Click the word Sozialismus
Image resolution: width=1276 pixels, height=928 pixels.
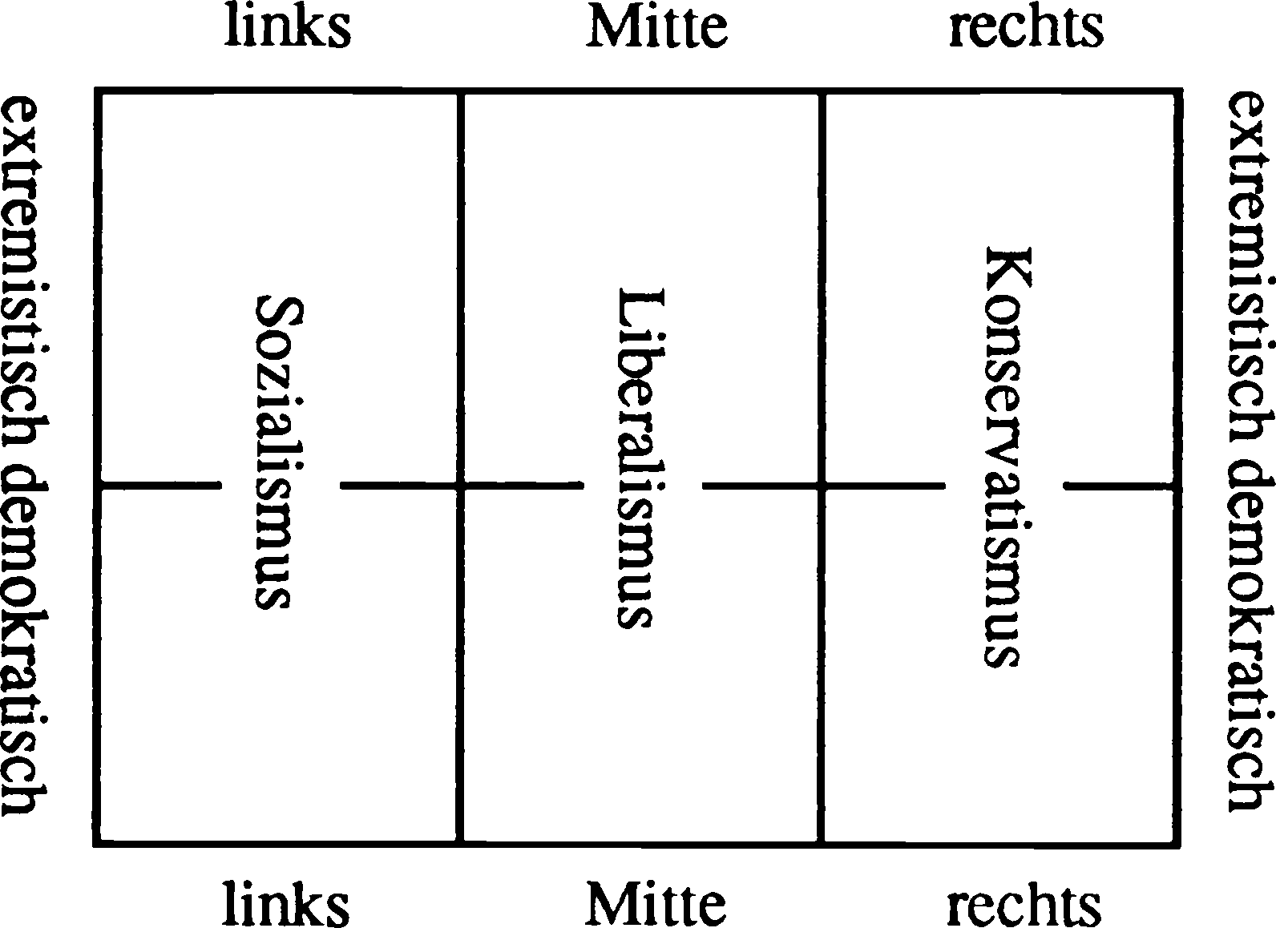click(x=273, y=454)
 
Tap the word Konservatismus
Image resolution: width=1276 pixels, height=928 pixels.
click(x=1003, y=457)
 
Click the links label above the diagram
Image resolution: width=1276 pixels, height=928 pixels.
click(x=287, y=27)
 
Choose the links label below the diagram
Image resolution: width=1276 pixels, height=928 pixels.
click(x=285, y=904)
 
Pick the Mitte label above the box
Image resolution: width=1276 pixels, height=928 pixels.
click(x=656, y=27)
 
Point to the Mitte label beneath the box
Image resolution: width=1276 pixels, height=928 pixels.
click(x=656, y=904)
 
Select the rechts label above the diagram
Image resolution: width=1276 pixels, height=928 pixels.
click(x=1026, y=27)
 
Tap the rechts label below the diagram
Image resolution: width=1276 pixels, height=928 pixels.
click(x=1024, y=904)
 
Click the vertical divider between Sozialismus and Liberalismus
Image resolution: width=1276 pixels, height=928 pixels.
click(x=461, y=264)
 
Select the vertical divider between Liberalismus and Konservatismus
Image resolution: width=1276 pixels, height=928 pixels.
click(x=822, y=264)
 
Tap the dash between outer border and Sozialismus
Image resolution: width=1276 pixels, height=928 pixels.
click(x=159, y=485)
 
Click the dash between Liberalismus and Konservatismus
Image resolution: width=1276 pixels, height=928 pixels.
click(x=822, y=485)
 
